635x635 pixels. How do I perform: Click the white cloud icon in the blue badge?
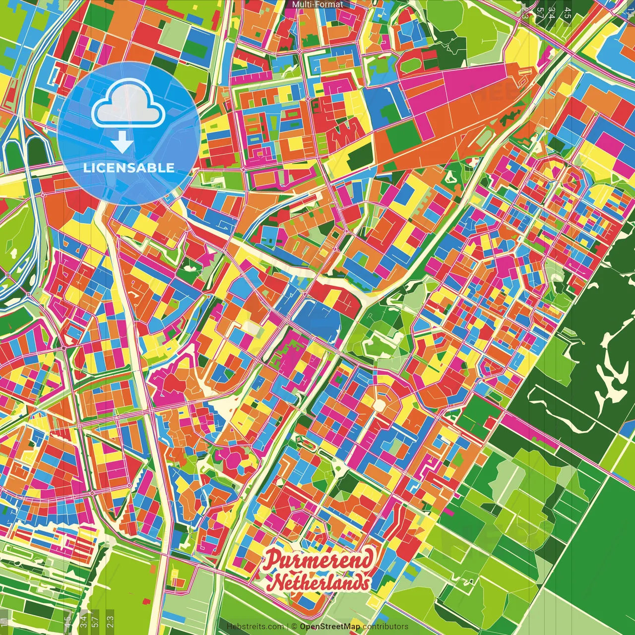(x=128, y=106)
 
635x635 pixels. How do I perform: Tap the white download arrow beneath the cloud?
(x=122, y=143)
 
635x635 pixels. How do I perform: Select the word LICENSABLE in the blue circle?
(x=128, y=168)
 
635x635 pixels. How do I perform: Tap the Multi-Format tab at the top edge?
(x=317, y=4)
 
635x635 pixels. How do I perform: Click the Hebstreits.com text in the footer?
(x=255, y=627)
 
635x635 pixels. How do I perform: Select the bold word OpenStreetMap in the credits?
(x=330, y=627)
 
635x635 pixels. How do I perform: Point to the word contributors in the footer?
(x=385, y=627)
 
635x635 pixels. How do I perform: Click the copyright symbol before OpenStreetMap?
(x=294, y=627)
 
